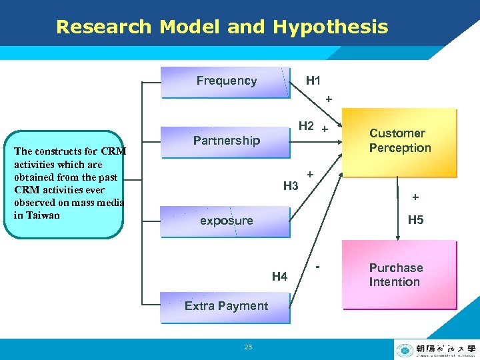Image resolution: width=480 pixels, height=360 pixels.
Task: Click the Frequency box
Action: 226,81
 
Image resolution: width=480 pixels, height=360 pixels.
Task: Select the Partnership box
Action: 226,141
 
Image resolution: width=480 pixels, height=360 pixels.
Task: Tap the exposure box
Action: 226,221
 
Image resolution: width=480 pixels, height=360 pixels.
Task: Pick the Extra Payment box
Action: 226,306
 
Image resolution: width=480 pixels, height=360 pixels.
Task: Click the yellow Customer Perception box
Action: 400,141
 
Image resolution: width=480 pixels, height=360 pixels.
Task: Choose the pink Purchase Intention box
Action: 399,275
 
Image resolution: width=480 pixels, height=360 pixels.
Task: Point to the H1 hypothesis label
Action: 313,81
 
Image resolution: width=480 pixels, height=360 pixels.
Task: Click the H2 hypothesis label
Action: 307,125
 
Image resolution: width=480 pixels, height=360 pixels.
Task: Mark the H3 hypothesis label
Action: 291,185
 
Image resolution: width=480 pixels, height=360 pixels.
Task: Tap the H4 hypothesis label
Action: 280,276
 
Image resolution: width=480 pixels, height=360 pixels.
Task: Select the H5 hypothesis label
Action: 415,220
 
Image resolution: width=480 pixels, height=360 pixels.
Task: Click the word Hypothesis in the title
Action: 330,27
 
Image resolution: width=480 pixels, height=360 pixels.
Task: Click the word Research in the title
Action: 104,27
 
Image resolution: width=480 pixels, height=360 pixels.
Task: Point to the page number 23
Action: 248,347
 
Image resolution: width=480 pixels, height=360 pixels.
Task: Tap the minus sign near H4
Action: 318,267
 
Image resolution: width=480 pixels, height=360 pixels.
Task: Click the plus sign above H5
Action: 415,197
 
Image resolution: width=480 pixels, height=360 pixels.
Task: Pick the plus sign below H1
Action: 327,99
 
